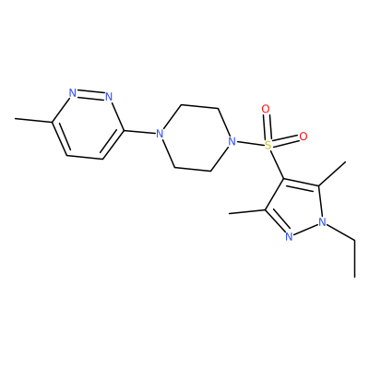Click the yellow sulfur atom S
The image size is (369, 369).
268,145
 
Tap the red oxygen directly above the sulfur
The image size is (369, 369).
266,109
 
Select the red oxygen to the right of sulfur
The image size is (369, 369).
304,137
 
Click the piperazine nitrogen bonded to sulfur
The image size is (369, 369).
232,142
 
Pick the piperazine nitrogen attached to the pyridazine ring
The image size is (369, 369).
159,134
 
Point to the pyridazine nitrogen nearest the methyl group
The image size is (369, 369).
73,93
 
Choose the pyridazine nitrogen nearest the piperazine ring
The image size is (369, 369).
109,97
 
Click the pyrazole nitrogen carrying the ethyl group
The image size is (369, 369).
322,222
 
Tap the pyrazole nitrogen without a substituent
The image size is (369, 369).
289,236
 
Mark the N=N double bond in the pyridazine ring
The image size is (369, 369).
90,95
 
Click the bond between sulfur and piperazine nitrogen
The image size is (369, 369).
250,143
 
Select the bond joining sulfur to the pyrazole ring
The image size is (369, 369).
277,164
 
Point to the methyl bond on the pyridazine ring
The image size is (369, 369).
34,120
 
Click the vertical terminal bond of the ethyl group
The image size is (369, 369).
355,258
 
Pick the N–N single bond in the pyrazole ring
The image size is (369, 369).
305,230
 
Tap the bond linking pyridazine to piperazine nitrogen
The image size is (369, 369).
139,132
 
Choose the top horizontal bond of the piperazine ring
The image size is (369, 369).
199,107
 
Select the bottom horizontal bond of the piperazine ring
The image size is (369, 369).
193,169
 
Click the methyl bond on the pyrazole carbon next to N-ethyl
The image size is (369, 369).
332,173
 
